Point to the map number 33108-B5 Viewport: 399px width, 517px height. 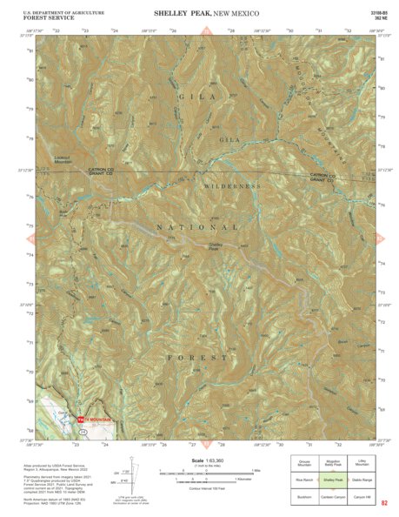[x=376, y=12]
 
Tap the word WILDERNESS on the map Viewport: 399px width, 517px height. [x=232, y=187]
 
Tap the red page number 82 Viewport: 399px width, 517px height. [x=383, y=503]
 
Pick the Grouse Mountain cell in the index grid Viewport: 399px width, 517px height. [x=304, y=464]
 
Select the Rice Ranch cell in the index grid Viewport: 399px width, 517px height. [x=304, y=479]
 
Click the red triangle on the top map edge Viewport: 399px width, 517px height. [x=207, y=31]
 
